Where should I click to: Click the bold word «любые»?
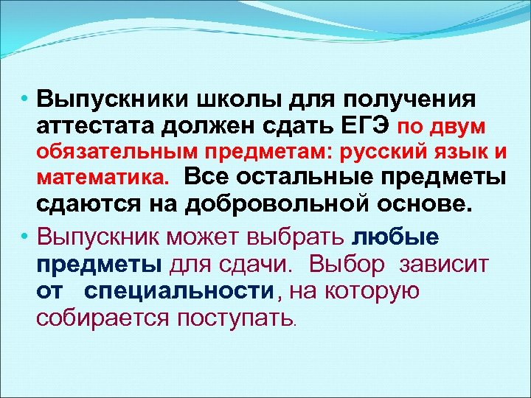tap(397, 238)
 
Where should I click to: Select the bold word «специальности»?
tap(179, 291)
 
